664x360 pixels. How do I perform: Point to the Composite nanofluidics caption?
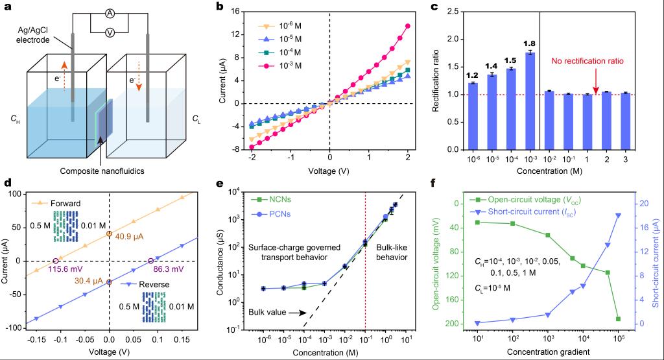[101, 171]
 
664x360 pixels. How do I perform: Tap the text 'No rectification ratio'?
[587, 62]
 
